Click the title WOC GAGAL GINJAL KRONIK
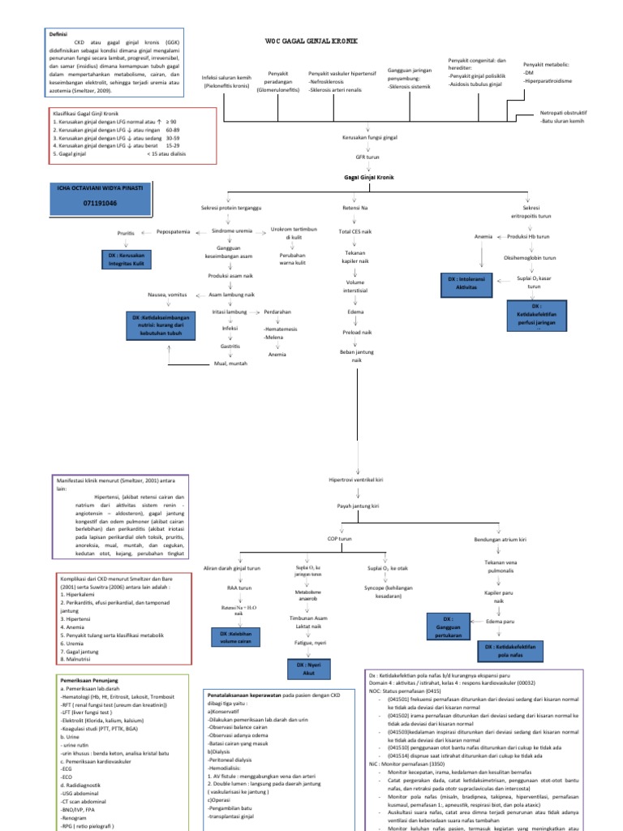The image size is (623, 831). [311, 40]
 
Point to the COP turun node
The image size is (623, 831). [339, 538]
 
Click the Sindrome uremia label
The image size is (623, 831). [221, 231]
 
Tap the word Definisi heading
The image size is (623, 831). [62, 35]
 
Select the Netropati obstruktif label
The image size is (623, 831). [563, 112]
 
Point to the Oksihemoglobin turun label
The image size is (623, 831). [530, 257]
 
